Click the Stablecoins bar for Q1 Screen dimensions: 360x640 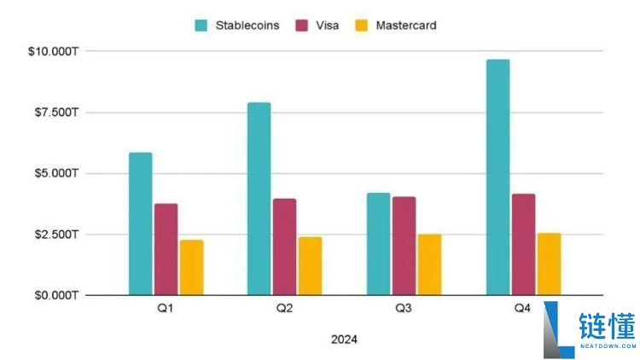140,224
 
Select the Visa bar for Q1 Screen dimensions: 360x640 166,249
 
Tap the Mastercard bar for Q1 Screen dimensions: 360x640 191,267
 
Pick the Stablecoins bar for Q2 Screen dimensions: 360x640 259,199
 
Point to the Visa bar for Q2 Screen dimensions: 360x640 284,247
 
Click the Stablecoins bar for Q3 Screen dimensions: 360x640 378,244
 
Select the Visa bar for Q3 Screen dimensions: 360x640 404,246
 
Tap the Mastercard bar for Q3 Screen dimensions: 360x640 429,264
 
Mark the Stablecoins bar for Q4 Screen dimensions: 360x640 497,177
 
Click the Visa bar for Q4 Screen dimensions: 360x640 523,244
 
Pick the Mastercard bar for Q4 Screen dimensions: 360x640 549,264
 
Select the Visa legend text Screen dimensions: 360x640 327,26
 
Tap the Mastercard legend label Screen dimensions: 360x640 407,26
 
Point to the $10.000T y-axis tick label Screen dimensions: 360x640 54,52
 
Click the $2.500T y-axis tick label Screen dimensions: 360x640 54,235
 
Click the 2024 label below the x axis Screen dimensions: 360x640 344,340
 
